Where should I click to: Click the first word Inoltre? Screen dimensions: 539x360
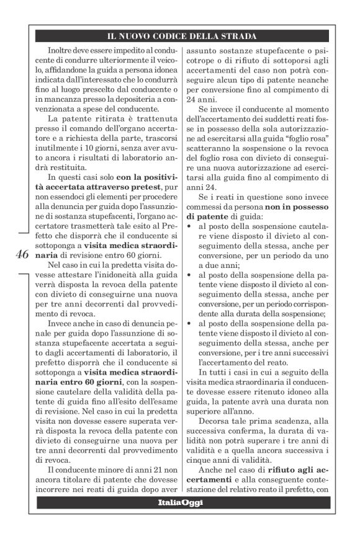tap(61, 48)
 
